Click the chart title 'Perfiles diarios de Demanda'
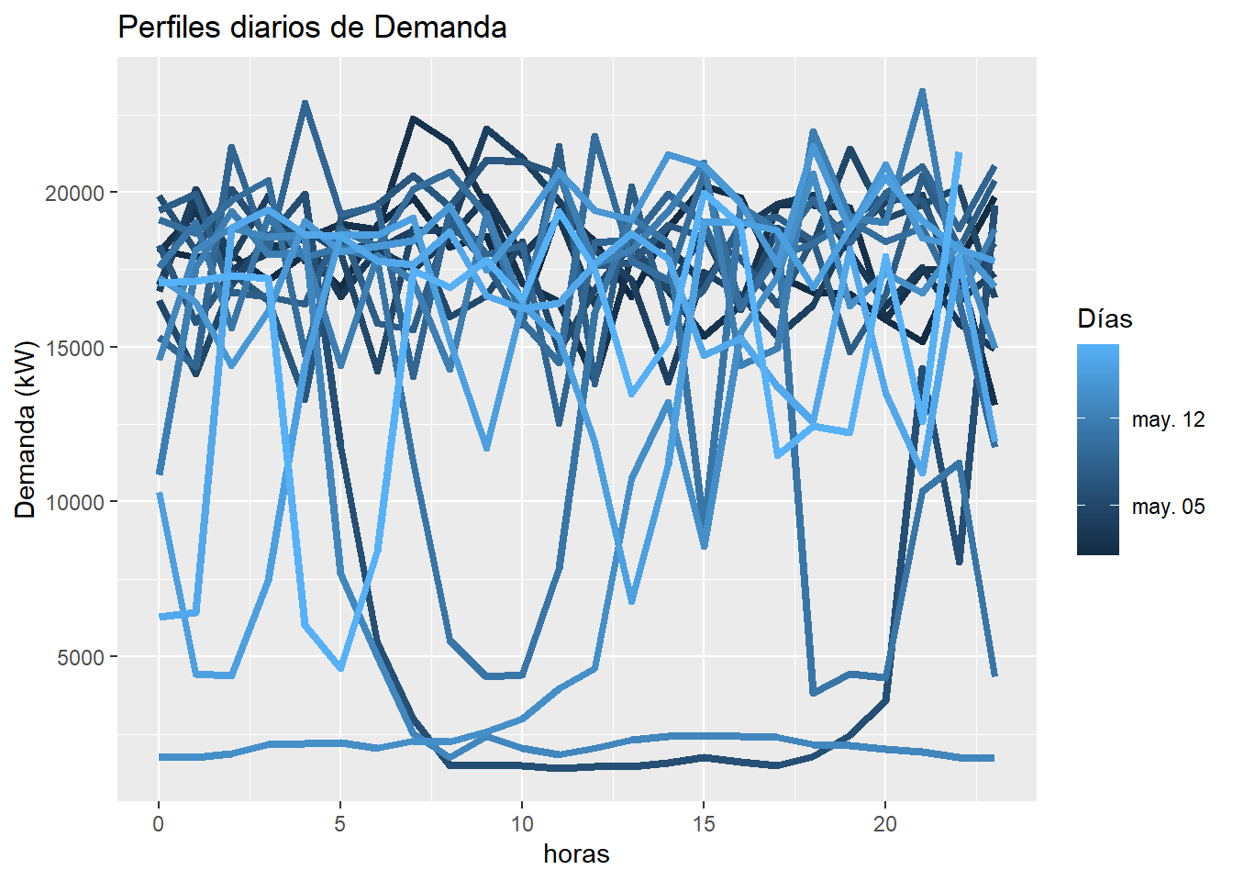(312, 28)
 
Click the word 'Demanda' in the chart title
(440, 28)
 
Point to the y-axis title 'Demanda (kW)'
(26, 429)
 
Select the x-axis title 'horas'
(576, 853)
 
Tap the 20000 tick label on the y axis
(75, 193)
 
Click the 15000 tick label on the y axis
(75, 348)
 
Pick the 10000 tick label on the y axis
(75, 502)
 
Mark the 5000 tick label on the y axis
(81, 657)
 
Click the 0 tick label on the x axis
(159, 824)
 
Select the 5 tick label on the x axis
(340, 824)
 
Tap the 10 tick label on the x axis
(521, 824)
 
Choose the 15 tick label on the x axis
(704, 824)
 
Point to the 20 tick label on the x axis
(884, 824)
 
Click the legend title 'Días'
(1105, 319)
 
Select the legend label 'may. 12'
(1168, 419)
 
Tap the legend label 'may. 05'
(1168, 507)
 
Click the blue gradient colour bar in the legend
(1098, 450)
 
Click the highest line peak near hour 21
(922, 91)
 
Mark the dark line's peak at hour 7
(413, 118)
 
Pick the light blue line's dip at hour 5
(340, 668)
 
